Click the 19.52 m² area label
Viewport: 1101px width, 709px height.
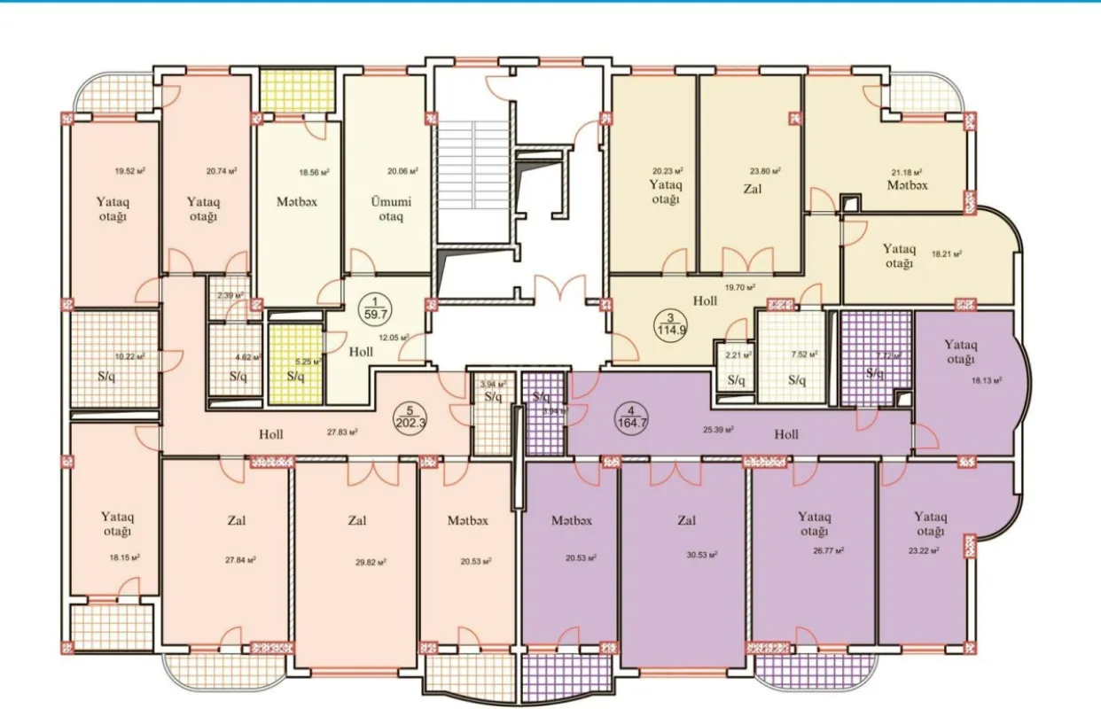(129, 173)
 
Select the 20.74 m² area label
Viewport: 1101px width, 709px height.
(220, 170)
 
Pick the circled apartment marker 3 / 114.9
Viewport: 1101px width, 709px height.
(671, 324)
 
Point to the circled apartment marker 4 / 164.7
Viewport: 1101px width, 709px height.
(630, 417)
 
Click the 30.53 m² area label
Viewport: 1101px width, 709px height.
(701, 556)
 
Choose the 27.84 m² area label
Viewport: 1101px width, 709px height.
(240, 559)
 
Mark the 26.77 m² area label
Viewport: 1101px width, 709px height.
(827, 550)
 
